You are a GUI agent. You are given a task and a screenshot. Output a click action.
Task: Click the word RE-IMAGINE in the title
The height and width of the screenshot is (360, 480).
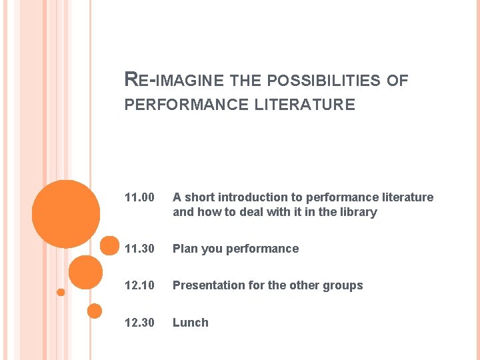(x=174, y=81)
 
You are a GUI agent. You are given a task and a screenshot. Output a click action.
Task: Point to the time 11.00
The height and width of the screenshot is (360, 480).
(x=139, y=197)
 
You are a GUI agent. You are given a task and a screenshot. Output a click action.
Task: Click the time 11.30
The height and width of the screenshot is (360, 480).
(x=139, y=249)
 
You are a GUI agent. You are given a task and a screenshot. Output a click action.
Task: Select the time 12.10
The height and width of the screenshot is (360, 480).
(x=139, y=285)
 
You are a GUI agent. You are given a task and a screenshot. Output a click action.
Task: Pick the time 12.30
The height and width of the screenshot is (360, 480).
(x=139, y=323)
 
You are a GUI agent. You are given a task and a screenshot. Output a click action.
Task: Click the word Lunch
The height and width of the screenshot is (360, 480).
(x=190, y=323)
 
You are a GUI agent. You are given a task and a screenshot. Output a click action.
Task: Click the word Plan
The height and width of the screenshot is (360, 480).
(x=185, y=249)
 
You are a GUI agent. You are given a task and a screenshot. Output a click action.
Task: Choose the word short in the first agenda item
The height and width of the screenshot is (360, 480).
(x=201, y=197)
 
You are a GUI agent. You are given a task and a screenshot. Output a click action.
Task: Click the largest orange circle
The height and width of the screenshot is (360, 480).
(x=66, y=214)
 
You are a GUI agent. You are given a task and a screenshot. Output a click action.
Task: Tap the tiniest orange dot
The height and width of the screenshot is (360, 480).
(x=61, y=292)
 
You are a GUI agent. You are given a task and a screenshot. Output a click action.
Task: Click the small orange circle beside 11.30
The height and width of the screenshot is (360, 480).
(x=109, y=245)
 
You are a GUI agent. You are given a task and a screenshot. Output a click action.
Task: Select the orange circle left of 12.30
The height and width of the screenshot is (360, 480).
(x=95, y=311)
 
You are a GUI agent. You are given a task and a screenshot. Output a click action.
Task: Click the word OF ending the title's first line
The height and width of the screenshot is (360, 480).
(x=397, y=81)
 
